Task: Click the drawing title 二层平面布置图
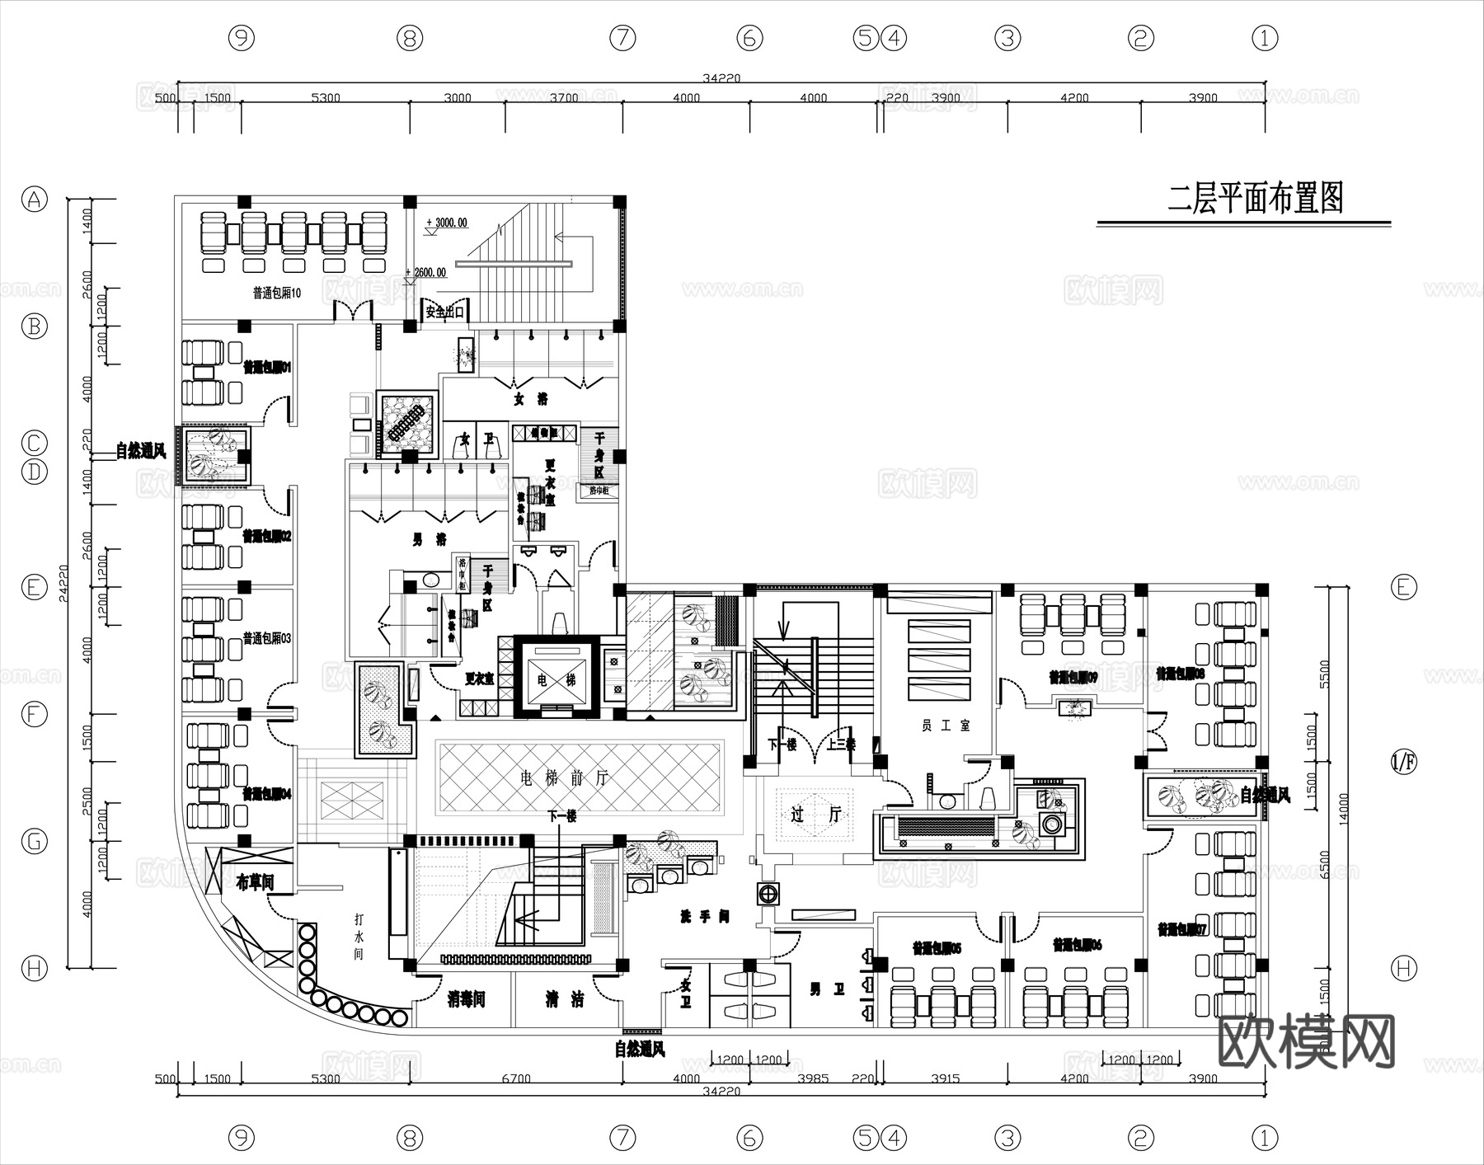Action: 1255,199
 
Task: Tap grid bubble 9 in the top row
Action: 241,37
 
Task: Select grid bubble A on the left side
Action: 34,199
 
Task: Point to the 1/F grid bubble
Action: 1403,762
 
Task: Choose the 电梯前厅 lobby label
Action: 564,777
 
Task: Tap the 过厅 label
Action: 815,815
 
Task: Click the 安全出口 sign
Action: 445,312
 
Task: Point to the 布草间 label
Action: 254,883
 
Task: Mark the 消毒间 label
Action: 466,1000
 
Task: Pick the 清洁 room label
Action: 565,1000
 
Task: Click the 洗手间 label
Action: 704,917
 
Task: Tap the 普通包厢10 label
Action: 276,293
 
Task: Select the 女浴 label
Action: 530,399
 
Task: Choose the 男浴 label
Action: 429,540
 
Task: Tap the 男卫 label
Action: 827,989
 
